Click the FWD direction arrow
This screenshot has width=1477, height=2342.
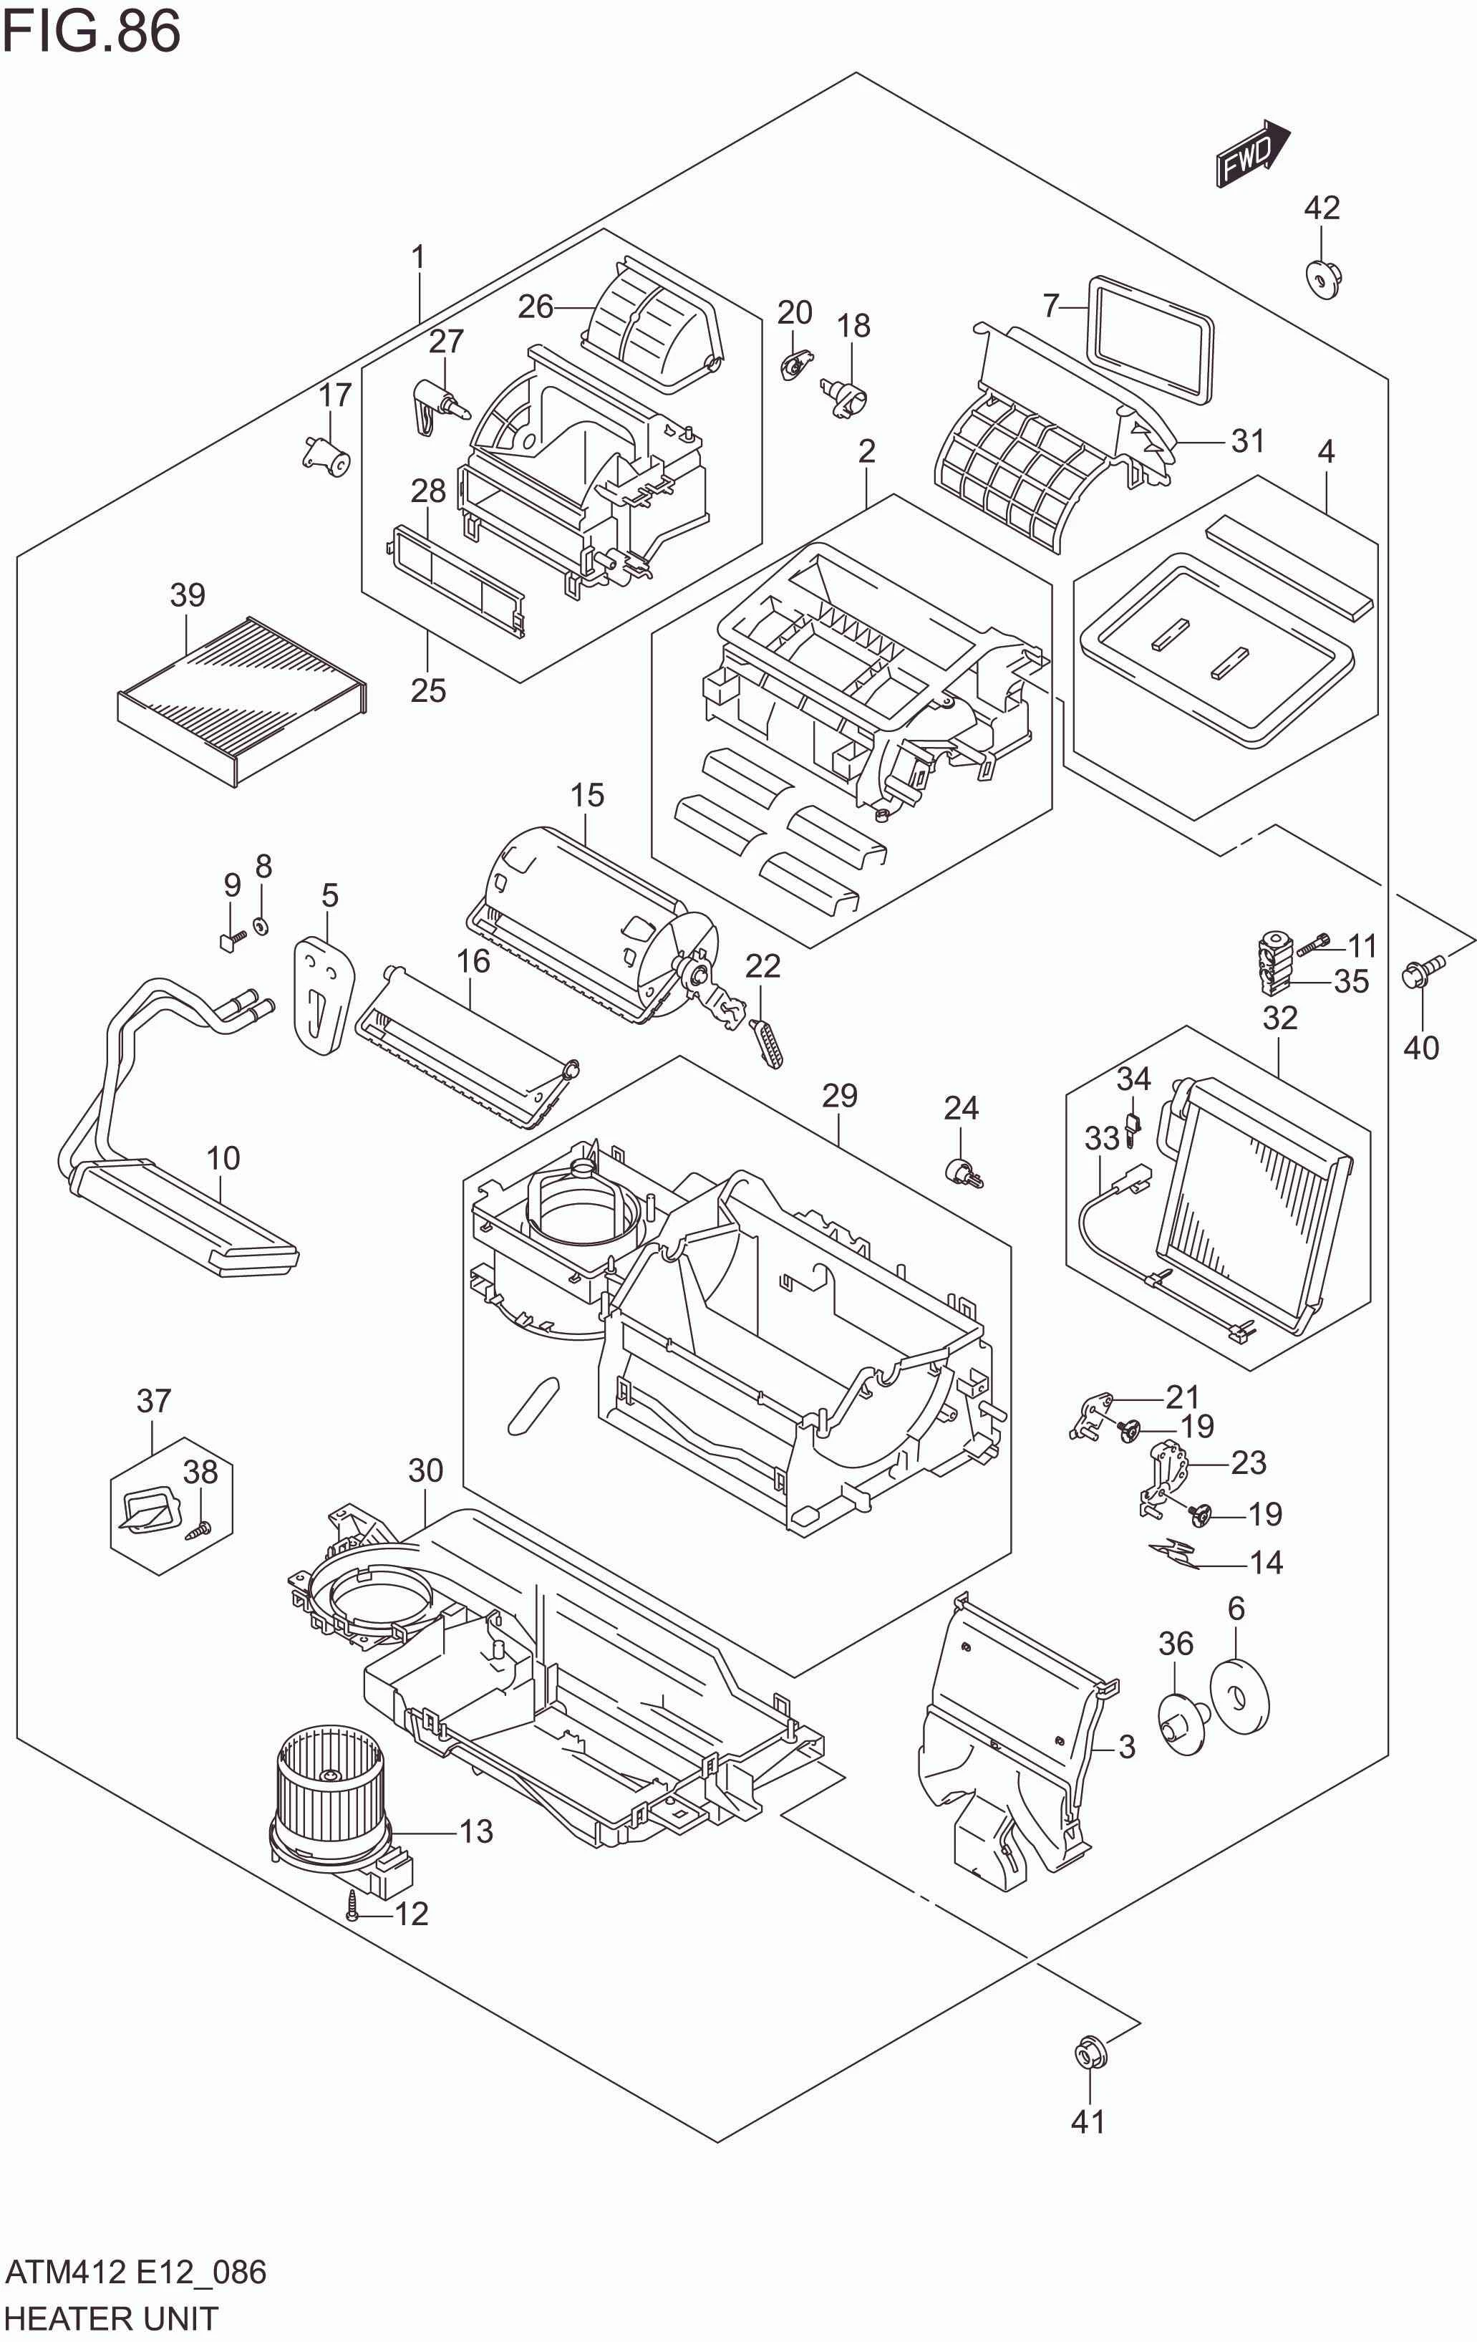(x=1251, y=154)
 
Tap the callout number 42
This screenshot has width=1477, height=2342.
(x=1322, y=207)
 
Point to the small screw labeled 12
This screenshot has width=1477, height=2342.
(x=353, y=1913)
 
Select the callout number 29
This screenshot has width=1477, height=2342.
(x=839, y=1095)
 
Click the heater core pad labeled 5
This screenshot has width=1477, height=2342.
(x=323, y=993)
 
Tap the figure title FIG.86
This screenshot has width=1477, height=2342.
(x=92, y=31)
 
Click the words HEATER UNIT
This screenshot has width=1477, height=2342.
(x=111, y=2318)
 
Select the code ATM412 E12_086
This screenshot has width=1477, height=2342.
(x=135, y=2272)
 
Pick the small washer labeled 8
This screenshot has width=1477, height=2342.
(x=261, y=925)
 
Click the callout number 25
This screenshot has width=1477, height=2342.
(x=428, y=690)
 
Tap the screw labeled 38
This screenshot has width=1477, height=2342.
(x=198, y=1530)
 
